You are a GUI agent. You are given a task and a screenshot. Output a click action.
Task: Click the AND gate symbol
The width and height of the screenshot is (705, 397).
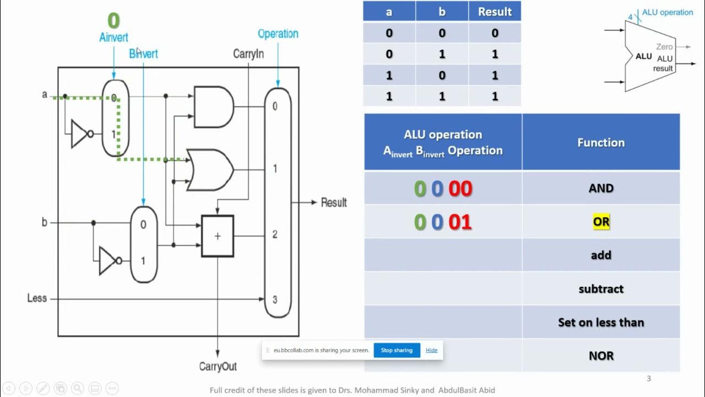tap(214, 107)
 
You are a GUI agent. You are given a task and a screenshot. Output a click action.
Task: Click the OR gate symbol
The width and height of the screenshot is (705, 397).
tap(210, 170)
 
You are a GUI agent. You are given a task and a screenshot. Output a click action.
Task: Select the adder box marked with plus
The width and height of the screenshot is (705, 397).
tap(218, 236)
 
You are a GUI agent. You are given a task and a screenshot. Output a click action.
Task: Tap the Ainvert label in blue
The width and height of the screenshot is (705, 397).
tap(113, 37)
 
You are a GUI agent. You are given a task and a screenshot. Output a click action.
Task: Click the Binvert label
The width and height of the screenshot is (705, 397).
tap(143, 53)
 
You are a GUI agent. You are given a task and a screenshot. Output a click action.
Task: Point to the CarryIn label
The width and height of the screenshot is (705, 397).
tap(248, 53)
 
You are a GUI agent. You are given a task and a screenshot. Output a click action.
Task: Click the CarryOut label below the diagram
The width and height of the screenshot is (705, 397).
tap(218, 367)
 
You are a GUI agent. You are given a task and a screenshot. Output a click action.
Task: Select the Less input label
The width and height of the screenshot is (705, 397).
tap(37, 298)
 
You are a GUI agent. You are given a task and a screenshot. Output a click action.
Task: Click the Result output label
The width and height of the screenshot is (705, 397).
tap(334, 202)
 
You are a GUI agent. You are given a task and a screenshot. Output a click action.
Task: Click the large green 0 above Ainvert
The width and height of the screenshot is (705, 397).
tap(113, 21)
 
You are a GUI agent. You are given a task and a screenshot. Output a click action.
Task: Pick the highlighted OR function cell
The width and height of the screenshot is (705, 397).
tap(601, 222)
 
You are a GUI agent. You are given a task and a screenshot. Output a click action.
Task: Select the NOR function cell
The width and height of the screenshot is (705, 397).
tap(601, 356)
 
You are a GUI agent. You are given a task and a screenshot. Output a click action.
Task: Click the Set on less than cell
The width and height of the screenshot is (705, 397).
tap(601, 323)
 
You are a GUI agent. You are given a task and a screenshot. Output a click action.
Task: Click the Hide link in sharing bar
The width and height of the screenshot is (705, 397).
tap(432, 350)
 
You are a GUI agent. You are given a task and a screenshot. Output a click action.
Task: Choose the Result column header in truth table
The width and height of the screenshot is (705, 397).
tap(495, 12)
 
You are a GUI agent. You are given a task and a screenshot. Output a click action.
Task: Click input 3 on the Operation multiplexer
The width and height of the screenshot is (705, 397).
tap(275, 299)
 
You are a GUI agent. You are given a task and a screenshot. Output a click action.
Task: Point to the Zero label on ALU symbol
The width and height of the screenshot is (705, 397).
tap(664, 47)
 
